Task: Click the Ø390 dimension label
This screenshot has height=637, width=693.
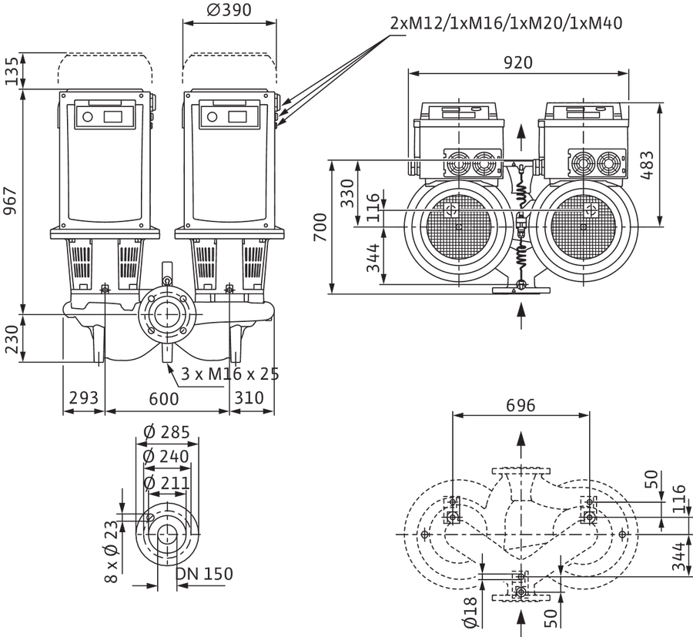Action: (229, 10)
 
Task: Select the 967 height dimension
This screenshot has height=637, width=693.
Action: (10, 201)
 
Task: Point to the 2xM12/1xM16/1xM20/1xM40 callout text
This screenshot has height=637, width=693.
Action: (507, 23)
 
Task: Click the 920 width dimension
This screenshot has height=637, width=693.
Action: (518, 62)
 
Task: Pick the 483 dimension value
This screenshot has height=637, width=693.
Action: (647, 165)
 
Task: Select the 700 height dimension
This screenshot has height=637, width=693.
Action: (320, 227)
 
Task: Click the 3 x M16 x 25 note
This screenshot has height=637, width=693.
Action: (230, 374)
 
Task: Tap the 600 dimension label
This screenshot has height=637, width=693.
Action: (164, 399)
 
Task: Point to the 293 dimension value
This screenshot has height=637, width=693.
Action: (83, 398)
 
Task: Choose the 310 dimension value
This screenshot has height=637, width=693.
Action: (249, 398)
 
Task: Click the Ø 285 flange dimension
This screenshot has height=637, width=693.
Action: (166, 432)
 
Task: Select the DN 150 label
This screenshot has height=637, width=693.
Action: (204, 574)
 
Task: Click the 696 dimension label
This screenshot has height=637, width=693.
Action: (521, 405)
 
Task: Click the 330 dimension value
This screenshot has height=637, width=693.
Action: (347, 193)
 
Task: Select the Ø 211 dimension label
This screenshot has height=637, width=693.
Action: (166, 483)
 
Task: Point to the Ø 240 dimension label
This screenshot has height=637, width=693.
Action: (166, 457)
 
